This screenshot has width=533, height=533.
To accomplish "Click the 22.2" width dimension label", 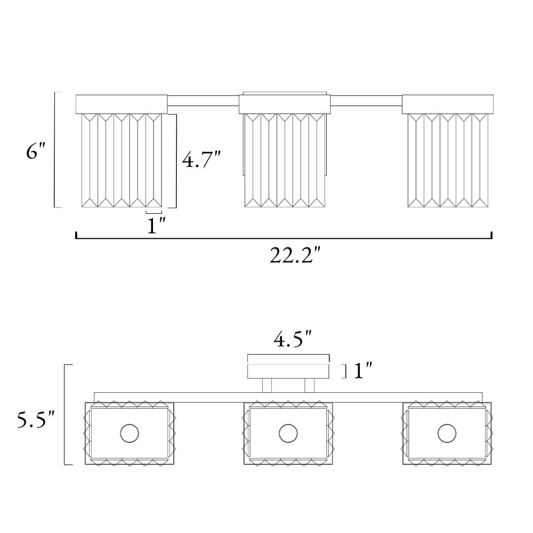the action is pyautogui.click(x=295, y=255).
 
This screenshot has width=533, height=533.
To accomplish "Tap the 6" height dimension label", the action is pyautogui.click(x=35, y=151).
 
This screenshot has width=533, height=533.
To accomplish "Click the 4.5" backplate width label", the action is pyautogui.click(x=293, y=339).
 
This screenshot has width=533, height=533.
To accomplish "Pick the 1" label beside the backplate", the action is pyautogui.click(x=363, y=370).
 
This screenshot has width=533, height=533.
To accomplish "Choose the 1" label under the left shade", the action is pyautogui.click(x=156, y=225).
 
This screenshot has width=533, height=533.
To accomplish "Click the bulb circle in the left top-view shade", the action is pyautogui.click(x=130, y=433).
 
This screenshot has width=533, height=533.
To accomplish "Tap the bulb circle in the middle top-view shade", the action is pyautogui.click(x=288, y=433).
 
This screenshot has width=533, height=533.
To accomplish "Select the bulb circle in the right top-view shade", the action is pyautogui.click(x=447, y=433).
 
